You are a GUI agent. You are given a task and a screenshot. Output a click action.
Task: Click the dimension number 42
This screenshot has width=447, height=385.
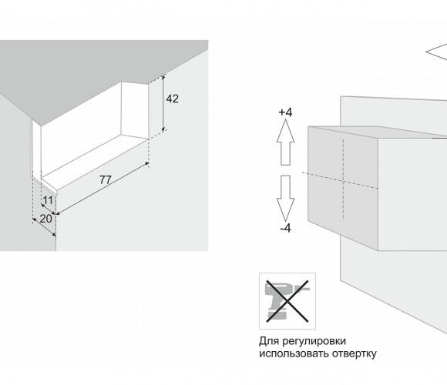(172, 99)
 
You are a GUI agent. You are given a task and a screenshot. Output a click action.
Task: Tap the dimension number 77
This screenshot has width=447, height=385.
(106, 179)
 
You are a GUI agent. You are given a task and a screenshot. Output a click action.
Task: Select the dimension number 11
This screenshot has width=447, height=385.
(47, 200)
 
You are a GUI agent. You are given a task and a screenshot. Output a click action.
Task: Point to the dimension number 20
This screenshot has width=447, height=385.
(46, 219)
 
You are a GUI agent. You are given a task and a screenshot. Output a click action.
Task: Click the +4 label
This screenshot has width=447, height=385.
(285, 112)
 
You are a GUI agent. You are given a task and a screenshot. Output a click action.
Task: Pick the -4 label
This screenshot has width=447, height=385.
(285, 229)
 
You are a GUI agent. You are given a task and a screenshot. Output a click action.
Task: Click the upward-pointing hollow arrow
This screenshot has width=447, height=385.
(285, 142)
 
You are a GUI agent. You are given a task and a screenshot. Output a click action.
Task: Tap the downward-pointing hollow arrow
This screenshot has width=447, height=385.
(285, 198)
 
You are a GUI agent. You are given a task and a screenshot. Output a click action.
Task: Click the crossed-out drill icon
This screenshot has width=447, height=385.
(287, 301)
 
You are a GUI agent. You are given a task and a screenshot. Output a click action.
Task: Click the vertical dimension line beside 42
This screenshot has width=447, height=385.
(163, 103)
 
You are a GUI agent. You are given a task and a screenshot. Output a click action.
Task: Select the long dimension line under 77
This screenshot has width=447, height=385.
(103, 189)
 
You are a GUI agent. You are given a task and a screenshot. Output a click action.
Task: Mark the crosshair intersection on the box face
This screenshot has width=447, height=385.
(343, 180)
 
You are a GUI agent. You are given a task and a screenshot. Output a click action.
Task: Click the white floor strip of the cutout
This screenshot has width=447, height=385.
(96, 161)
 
